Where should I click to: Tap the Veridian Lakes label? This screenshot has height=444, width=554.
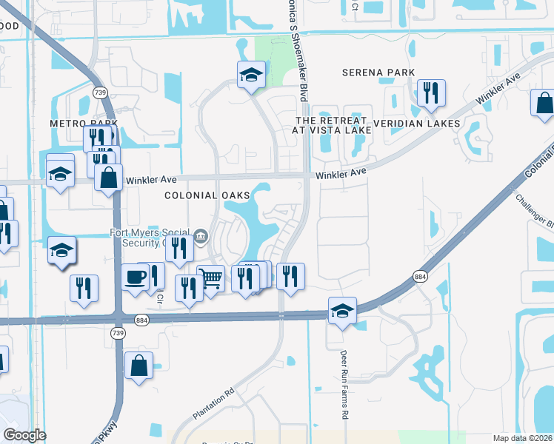click(x=417, y=123)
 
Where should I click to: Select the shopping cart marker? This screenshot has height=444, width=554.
click(x=211, y=279)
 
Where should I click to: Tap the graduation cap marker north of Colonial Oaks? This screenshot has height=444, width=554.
click(x=251, y=74)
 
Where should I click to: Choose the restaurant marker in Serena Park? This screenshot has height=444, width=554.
click(x=429, y=92)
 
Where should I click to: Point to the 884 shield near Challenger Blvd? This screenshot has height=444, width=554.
click(x=421, y=277)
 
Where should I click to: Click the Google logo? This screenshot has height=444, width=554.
click(x=24, y=435)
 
